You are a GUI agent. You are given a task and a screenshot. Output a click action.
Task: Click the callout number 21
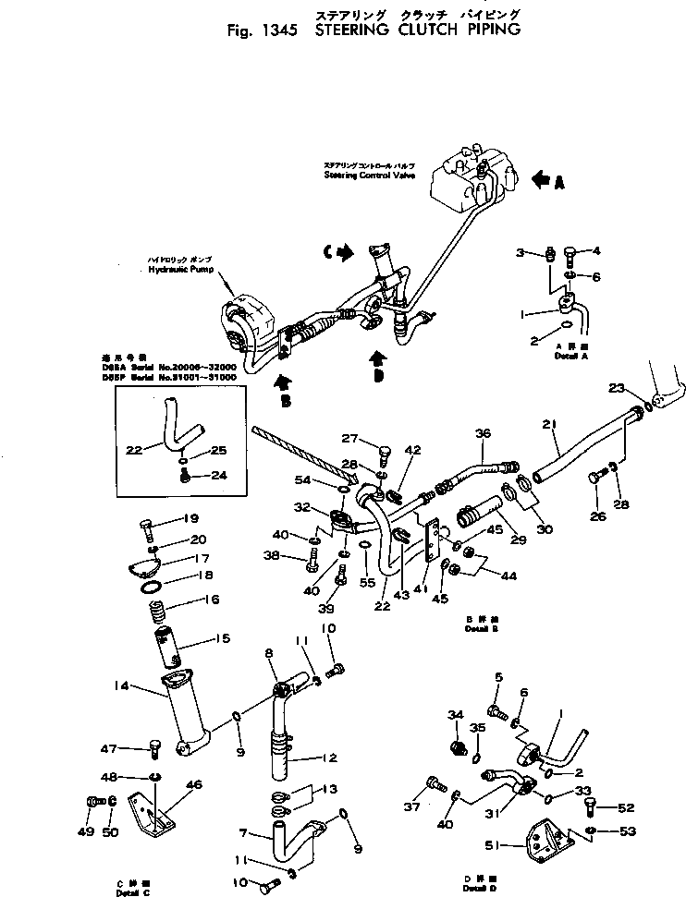coord(551,424)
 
